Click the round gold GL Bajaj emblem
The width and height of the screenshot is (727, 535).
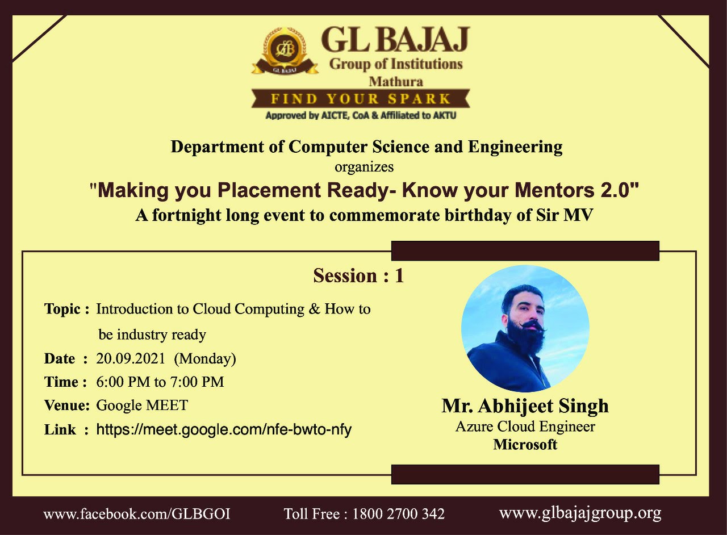pos(285,51)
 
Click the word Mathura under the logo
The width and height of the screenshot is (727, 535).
pos(396,81)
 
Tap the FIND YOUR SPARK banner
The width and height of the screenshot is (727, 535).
pos(361,98)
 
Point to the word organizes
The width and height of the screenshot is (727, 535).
pos(364,167)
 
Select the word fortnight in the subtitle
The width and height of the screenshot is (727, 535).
pos(186,216)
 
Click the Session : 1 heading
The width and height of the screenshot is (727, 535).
pos(358,275)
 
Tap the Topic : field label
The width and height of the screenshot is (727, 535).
pos(66,309)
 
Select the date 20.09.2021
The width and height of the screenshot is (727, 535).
pos(131,358)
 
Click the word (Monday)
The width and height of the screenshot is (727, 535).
pos(205,359)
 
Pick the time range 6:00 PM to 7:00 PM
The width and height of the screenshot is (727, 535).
pos(160,382)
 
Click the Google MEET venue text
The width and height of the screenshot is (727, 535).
pos(142,405)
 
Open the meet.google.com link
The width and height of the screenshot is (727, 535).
pos(224,430)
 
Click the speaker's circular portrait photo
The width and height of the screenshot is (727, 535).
pos(525,328)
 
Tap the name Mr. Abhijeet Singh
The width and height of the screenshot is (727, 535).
pos(525,407)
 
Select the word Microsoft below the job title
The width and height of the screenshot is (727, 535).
pos(525,445)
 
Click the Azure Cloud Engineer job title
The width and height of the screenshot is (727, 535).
pos(525,427)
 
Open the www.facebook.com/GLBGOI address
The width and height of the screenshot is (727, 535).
pos(137,514)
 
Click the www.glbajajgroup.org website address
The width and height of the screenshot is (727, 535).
pos(580,514)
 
